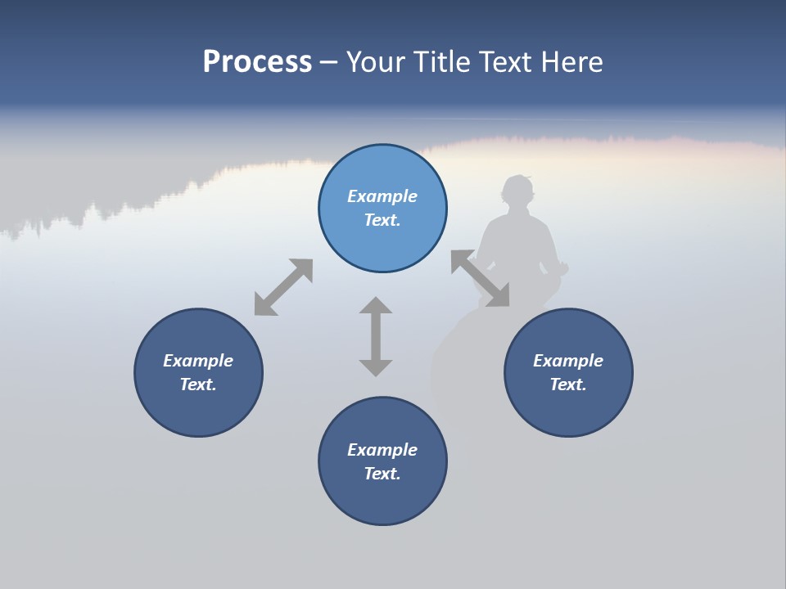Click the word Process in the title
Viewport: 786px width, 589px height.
pyautogui.click(x=257, y=62)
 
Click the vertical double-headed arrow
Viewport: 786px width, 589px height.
pyautogui.click(x=376, y=336)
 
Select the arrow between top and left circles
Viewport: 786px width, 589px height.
pyautogui.click(x=283, y=286)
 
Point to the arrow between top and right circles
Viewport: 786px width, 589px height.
pyautogui.click(x=480, y=279)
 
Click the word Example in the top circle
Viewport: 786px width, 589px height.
pyautogui.click(x=382, y=196)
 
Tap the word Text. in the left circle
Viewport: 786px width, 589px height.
pyautogui.click(x=198, y=384)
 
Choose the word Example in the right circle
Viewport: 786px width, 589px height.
pyautogui.click(x=568, y=361)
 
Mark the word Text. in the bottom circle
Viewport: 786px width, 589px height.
pyautogui.click(x=382, y=474)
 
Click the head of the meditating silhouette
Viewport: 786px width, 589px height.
pyautogui.click(x=517, y=191)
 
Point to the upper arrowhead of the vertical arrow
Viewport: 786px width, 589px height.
pyautogui.click(x=376, y=306)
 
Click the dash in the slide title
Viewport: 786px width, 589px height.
pyautogui.click(x=328, y=62)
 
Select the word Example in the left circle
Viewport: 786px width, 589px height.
pyautogui.click(x=198, y=361)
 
